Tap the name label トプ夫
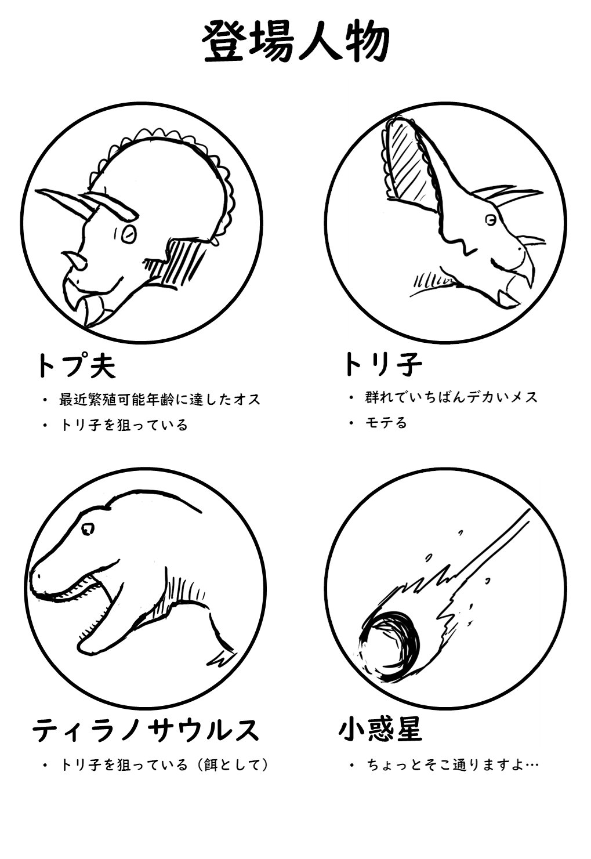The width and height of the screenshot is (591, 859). tap(76, 366)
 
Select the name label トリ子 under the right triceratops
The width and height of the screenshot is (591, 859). tap(382, 364)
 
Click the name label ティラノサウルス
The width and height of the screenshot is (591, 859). tap(146, 730)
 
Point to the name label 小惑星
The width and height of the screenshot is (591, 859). tap(380, 728)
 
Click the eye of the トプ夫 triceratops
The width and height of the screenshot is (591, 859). tap(129, 234)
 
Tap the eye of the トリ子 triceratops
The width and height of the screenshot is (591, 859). tap(491, 220)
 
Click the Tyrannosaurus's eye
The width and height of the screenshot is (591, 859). tap(88, 528)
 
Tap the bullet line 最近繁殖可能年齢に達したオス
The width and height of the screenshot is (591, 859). tap(159, 400)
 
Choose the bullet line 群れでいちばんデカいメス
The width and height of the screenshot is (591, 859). tap(451, 397)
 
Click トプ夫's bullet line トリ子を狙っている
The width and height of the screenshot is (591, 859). tap(124, 425)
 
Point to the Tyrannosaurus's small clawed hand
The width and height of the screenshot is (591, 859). tap(220, 658)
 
